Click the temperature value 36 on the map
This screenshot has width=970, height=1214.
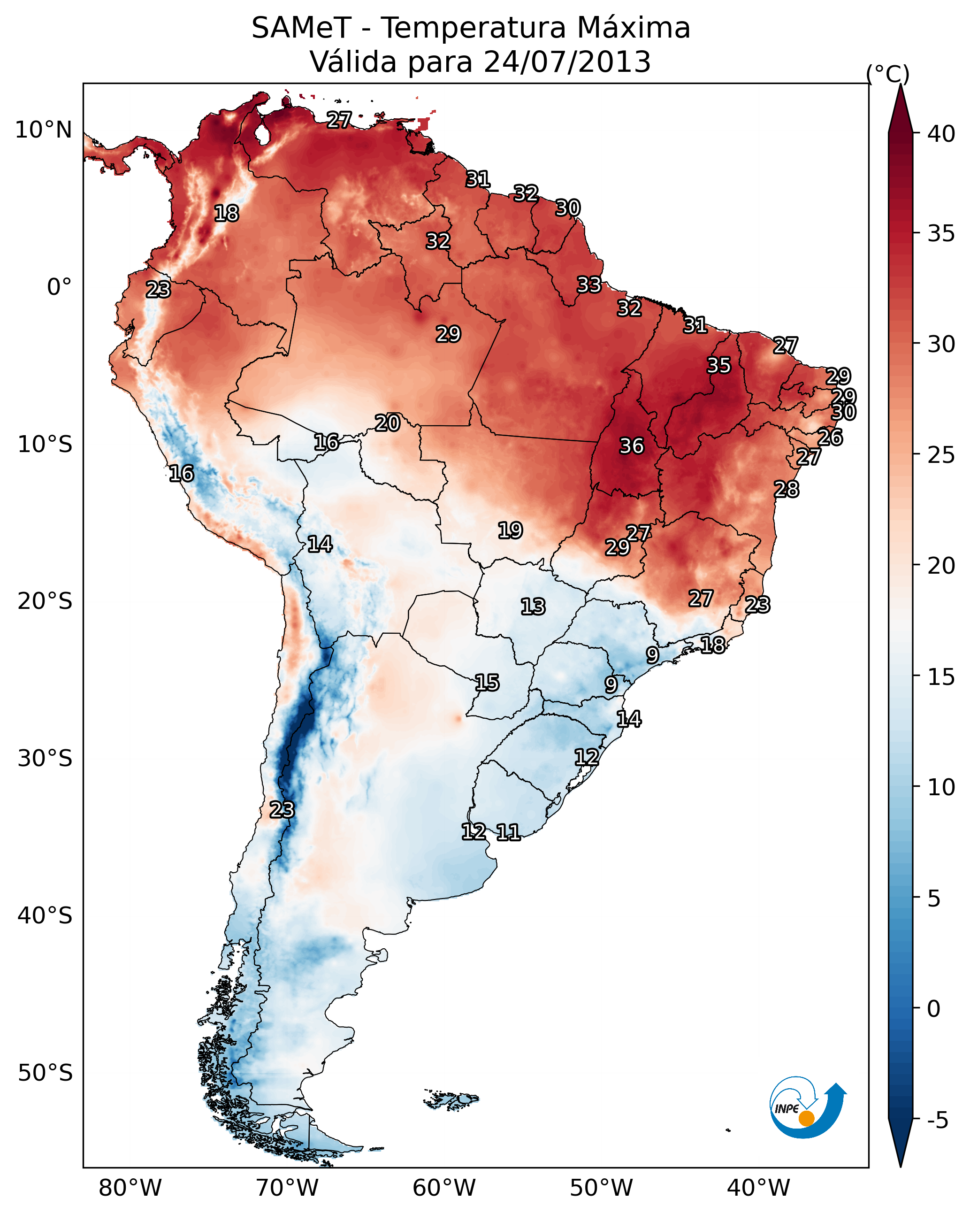(631, 446)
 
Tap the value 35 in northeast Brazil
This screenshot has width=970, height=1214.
(718, 365)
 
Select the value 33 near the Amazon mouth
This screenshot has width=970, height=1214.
(589, 284)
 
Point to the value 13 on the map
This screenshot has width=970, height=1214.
(533, 607)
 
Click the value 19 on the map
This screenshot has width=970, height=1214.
(510, 530)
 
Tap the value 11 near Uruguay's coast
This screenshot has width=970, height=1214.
(508, 832)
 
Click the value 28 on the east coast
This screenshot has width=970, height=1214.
(786, 489)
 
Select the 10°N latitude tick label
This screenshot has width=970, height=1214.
(43, 130)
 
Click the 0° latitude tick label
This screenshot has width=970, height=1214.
(59, 287)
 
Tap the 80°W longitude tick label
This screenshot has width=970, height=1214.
(130, 1188)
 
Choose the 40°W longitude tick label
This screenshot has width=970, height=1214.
(758, 1188)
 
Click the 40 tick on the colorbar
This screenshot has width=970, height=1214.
(941, 133)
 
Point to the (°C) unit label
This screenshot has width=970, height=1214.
(887, 74)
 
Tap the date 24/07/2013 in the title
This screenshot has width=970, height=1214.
(567, 61)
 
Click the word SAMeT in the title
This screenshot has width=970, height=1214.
(301, 28)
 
